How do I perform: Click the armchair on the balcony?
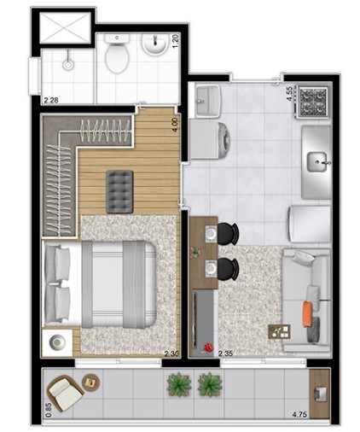point(65,392)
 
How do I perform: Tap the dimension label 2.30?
point(171,353)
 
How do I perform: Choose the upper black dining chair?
point(227,232)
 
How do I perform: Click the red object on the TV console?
point(206,347)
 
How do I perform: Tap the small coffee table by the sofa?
point(278,331)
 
